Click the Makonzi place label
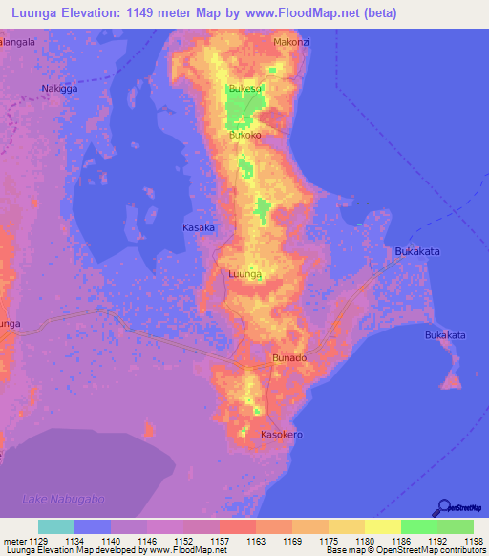pos(292,43)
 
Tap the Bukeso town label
pos(245,89)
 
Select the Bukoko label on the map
pos(245,136)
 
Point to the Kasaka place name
pos(199,228)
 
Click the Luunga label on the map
pos(245,274)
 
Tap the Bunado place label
pos(289,358)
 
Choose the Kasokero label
pos(282,434)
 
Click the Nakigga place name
pos(59,89)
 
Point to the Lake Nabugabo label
pos(60,500)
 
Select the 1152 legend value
pos(182,541)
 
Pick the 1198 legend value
pos(474,541)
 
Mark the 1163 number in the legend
pos(255,541)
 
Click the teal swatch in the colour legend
pos(56,526)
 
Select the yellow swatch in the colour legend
pos(382,526)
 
